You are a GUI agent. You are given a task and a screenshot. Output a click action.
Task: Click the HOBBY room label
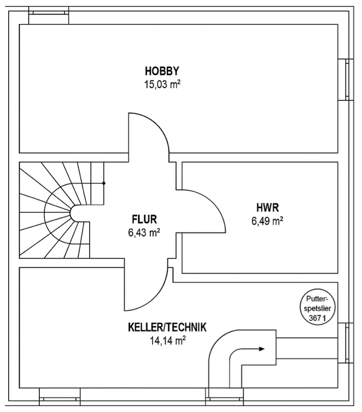[162, 71]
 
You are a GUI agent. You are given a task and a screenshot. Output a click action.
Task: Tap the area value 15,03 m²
[162, 85]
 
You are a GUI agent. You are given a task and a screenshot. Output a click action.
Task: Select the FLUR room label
[144, 219]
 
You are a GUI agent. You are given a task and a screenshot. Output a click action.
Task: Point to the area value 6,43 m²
[144, 232]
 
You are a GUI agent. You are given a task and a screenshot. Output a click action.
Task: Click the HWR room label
[268, 207]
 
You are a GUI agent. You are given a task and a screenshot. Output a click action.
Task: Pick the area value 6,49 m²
[267, 221]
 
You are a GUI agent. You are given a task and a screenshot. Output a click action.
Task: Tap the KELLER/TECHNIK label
[167, 327]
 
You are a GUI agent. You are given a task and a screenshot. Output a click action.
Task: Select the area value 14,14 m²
[168, 341]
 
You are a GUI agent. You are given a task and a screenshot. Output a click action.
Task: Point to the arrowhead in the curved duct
[261, 349]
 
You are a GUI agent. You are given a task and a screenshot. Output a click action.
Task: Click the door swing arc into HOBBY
[157, 124]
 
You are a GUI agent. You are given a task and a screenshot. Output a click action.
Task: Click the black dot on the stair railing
[104, 183]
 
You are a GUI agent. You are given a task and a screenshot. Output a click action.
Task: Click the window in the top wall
[48, 15]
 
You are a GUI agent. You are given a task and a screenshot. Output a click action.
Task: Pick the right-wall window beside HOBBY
[346, 79]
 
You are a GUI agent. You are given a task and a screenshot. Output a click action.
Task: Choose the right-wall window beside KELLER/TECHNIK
[346, 343]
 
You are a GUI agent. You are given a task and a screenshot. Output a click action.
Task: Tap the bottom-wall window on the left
[60, 397]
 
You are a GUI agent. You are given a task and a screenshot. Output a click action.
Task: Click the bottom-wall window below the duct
[224, 397]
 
